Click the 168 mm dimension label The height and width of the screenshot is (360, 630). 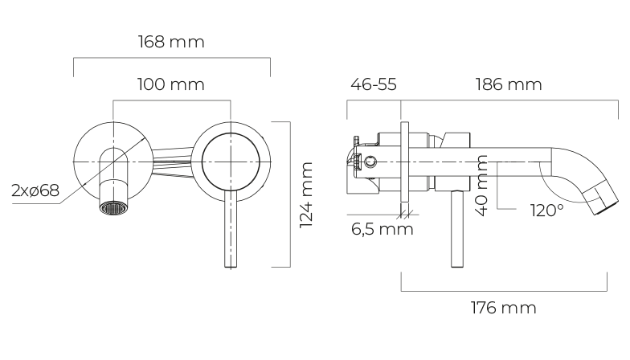click(171, 42)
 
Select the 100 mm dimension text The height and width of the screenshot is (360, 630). click(170, 84)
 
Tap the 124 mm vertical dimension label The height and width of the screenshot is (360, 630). click(306, 194)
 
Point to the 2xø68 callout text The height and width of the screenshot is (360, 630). click(35, 190)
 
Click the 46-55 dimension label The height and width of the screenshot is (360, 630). click(374, 84)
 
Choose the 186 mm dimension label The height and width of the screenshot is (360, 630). click(509, 84)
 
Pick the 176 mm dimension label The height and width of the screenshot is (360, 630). click(503, 308)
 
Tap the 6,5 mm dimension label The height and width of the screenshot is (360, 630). click(382, 229)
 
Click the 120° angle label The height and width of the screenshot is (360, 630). click(546, 211)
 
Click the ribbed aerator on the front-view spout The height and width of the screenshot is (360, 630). click(113, 208)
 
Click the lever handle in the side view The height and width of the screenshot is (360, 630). click(457, 228)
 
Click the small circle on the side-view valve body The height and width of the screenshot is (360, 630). click(370, 162)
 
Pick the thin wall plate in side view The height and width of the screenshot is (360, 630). click(405, 162)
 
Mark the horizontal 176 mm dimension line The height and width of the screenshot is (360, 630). click(504, 291)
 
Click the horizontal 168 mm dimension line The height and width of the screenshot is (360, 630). click(172, 58)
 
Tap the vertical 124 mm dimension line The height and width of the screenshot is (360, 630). click(290, 194)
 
